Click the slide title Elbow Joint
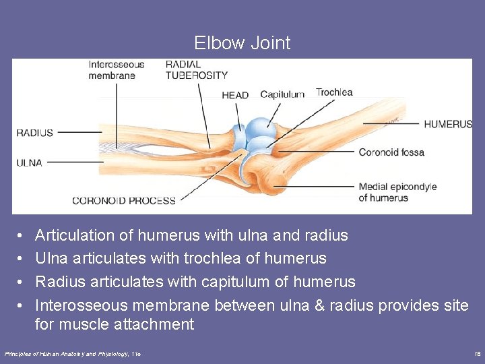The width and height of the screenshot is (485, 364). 243,43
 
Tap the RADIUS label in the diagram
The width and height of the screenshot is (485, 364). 34,133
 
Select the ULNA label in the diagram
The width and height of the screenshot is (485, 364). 29,162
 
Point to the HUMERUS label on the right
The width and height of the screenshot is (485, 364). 448,124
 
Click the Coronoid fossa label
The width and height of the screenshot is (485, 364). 391,152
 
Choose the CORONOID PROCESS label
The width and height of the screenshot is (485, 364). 124,200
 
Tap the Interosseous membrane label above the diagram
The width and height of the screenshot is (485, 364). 116,70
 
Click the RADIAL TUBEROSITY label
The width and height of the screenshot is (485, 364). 197,70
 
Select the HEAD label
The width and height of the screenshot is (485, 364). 235,96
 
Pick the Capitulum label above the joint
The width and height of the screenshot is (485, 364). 282,94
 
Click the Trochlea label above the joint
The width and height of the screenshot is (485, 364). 334,92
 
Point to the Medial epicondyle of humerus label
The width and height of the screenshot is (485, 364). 397,192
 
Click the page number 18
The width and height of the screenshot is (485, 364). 477,353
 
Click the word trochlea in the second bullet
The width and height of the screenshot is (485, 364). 235,258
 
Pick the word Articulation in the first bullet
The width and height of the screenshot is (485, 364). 75,235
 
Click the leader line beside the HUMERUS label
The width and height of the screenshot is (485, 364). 391,124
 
